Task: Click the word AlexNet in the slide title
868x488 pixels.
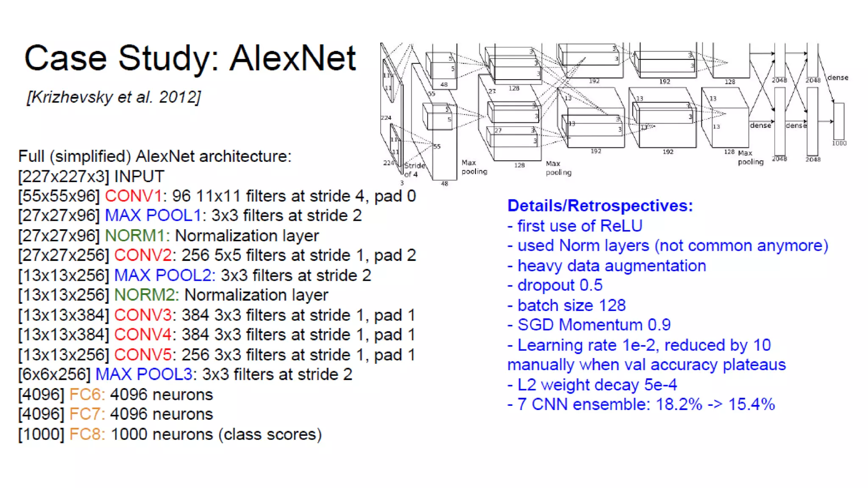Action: [x=292, y=58]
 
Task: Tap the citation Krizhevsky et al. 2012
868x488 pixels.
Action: [x=114, y=97]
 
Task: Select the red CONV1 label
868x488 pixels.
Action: [x=133, y=196]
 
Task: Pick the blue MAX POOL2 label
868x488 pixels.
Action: [x=164, y=276]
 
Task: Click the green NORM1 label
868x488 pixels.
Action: [x=136, y=236]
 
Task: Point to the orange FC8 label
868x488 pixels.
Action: [x=86, y=435]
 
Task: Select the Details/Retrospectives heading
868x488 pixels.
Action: [x=600, y=206]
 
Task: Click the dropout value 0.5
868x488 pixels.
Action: [x=591, y=286]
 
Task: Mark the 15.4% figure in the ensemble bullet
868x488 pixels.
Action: [x=751, y=405]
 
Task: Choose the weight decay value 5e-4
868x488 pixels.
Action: [x=660, y=385]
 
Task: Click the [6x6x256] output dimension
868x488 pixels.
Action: [x=54, y=374]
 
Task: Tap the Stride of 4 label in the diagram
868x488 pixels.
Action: [x=414, y=170]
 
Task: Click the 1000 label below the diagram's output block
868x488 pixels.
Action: [x=839, y=144]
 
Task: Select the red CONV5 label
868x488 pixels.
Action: [x=142, y=355]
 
